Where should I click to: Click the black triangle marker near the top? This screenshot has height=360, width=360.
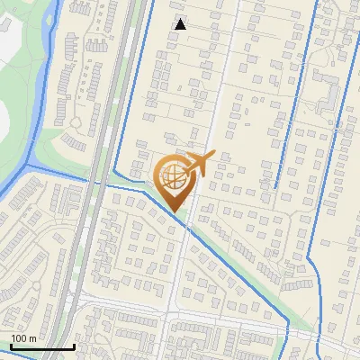pyautogui.click(x=180, y=24)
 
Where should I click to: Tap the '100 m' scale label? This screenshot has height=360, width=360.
pyautogui.click(x=22, y=338)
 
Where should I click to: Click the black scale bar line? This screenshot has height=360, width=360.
pyautogui.click(x=42, y=346)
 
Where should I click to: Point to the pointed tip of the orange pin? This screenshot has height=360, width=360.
pyautogui.click(x=175, y=212)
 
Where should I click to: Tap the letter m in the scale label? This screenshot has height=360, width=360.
pyautogui.click(x=32, y=338)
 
